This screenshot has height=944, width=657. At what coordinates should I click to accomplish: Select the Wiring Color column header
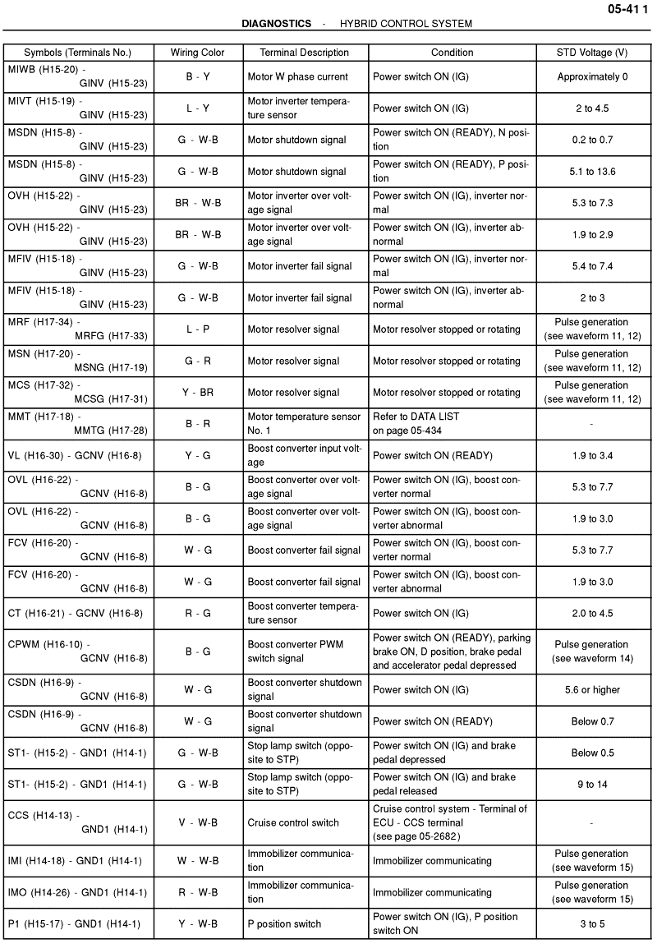(197, 53)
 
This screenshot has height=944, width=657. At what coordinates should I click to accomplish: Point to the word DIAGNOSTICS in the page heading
(277, 24)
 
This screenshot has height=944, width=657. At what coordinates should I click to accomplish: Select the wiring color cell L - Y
(197, 108)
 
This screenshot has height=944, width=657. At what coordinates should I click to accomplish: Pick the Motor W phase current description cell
(298, 76)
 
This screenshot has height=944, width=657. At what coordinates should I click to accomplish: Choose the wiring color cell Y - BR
(197, 392)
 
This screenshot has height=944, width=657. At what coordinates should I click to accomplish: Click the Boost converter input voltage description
(304, 455)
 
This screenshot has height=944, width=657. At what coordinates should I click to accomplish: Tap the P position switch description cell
(284, 923)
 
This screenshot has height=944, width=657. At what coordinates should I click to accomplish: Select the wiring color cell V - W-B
(197, 822)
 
